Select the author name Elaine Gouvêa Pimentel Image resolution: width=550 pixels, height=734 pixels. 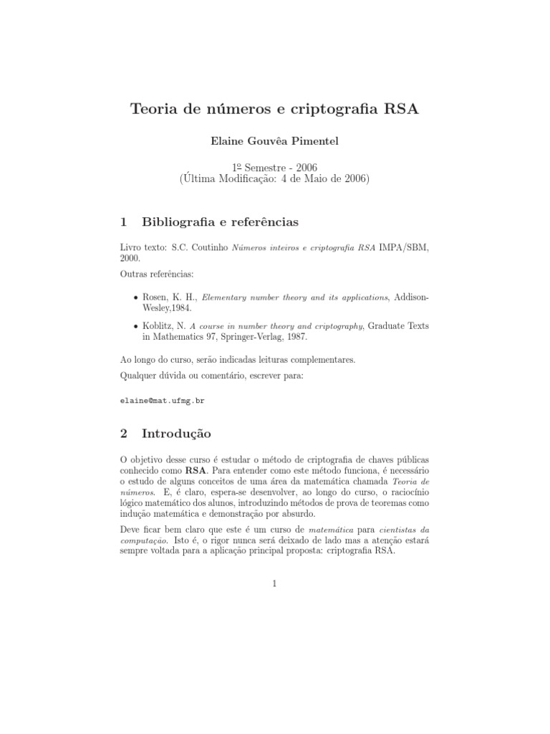pyautogui.click(x=275, y=141)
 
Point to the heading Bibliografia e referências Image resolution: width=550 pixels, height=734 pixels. pyautogui.click(x=221, y=222)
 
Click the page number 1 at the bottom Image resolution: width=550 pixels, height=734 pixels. pyautogui.click(x=274, y=584)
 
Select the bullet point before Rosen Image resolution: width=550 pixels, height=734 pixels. pyautogui.click(x=137, y=297)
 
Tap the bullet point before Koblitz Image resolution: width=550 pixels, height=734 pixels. pyautogui.click(x=137, y=326)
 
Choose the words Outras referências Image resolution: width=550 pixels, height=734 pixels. pyautogui.click(x=156, y=273)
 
